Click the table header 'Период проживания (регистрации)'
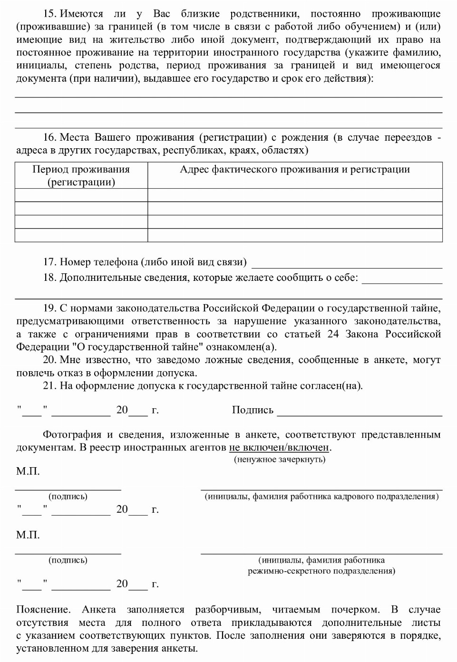tap(81, 175)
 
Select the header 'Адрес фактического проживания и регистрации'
tap(294, 170)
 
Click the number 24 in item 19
tap(333, 334)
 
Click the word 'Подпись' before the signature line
tap(253, 410)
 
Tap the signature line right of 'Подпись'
tap(360, 411)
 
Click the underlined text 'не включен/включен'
tap(279, 447)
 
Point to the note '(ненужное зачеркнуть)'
tap(280, 460)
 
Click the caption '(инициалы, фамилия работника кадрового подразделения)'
tap(321, 497)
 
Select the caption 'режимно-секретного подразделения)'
tap(321, 571)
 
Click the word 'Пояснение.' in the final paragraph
tap(43, 610)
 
